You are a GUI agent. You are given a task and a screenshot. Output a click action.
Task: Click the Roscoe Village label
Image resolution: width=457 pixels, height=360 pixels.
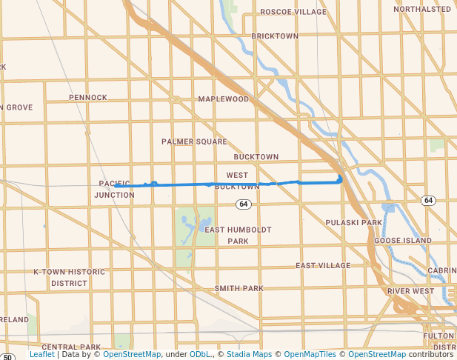(x=293, y=12)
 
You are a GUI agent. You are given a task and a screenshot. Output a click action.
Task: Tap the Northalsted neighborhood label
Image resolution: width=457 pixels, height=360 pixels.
(x=421, y=9)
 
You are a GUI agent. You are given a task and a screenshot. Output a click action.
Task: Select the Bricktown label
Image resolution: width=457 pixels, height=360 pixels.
(x=275, y=36)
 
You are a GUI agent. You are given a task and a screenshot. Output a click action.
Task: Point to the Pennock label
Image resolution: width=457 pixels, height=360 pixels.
(x=88, y=97)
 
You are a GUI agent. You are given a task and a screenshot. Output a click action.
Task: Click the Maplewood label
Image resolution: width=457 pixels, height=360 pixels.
(x=224, y=99)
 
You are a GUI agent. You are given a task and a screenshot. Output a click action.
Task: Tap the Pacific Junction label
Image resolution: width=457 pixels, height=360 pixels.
(x=114, y=189)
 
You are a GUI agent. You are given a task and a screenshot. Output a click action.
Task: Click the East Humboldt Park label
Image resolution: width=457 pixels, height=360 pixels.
(x=238, y=235)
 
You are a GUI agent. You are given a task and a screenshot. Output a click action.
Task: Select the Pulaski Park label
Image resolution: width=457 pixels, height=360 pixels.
(x=353, y=222)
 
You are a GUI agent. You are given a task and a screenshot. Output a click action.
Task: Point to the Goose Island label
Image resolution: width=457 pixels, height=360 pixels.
(x=402, y=241)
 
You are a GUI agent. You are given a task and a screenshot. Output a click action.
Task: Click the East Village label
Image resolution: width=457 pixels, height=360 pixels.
(x=323, y=265)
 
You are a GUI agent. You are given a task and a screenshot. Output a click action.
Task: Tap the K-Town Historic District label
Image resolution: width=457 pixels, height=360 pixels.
(x=70, y=277)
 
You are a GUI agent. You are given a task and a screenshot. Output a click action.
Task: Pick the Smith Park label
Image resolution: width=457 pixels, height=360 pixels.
(x=238, y=288)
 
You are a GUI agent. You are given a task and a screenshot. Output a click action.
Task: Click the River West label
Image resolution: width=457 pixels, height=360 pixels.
(x=410, y=291)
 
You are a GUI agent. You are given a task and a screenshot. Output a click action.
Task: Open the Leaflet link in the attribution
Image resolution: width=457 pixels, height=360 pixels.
(x=41, y=354)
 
